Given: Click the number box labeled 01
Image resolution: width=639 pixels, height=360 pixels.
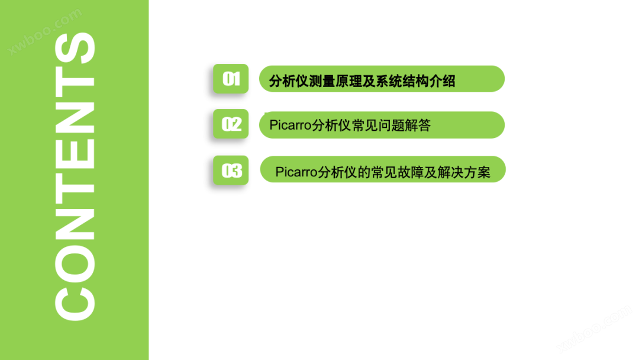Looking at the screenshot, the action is (x=231, y=79).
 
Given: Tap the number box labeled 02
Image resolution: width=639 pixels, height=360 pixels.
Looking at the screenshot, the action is (x=231, y=124).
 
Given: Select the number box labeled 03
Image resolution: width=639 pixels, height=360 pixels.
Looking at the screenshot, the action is (x=231, y=171).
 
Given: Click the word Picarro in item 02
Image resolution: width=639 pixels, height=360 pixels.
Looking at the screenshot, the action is (x=291, y=125).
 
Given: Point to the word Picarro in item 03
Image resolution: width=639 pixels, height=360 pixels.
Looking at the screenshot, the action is (x=296, y=172).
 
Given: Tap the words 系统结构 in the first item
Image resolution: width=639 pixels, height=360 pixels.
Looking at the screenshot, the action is (x=402, y=81).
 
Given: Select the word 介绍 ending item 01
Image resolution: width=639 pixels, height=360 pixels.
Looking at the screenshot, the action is (x=442, y=81).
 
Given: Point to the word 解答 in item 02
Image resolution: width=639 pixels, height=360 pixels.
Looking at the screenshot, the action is (x=418, y=125).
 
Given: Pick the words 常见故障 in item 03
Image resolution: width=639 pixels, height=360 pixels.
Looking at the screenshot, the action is (x=398, y=172).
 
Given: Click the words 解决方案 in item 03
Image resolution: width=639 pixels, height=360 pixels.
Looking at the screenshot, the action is (x=464, y=172).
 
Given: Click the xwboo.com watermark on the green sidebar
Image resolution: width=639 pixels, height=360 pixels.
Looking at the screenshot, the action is (x=45, y=31).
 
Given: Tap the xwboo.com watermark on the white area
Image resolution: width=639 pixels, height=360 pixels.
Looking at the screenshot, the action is (x=596, y=329).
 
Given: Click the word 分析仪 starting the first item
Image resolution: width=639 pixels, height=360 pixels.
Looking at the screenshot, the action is (x=289, y=81).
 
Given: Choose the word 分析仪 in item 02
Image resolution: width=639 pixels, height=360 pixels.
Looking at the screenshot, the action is (x=332, y=125).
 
